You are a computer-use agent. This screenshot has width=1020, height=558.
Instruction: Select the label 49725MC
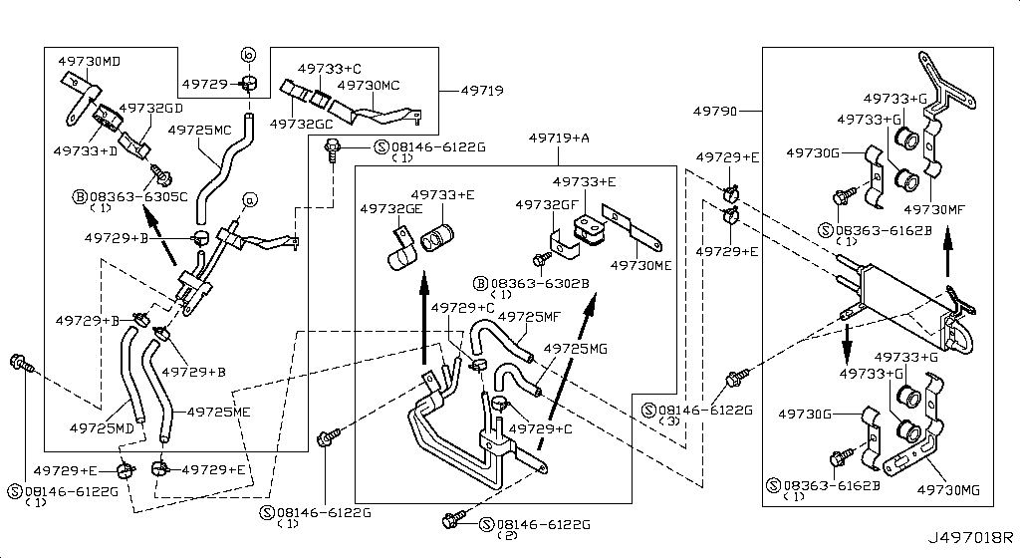tap(199, 130)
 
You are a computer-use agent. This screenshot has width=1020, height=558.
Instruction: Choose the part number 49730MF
tap(936, 209)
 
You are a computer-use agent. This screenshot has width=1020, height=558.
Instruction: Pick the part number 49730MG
tap(949, 489)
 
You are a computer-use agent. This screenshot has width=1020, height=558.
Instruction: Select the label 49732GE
tap(391, 209)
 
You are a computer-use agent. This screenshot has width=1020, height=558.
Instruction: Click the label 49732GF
tap(547, 203)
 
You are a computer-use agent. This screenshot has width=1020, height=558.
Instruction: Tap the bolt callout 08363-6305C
tap(136, 195)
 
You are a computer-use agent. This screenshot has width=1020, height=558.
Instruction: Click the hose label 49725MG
tap(574, 349)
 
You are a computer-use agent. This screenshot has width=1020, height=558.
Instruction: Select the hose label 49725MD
tap(102, 427)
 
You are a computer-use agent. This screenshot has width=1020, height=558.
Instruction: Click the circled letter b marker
tap(248, 54)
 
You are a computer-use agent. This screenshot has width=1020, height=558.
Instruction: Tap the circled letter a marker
tap(249, 201)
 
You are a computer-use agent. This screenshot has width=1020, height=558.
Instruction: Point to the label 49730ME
tap(641, 266)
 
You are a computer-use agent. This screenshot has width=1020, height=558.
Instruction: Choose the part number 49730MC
tap(369, 85)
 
